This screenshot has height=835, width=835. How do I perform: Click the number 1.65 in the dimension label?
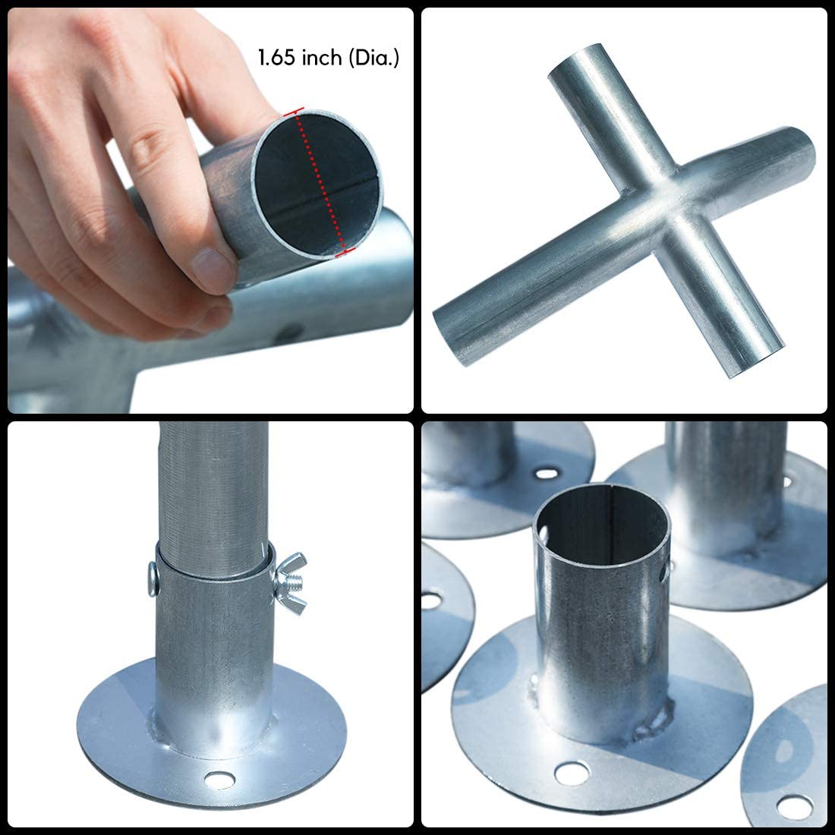tap(277, 58)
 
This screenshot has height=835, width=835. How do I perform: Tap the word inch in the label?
tap(322, 58)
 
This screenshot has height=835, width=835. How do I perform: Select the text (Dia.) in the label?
tap(373, 58)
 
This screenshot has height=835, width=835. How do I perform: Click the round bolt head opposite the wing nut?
tap(153, 579)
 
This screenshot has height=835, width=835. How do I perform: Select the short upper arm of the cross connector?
tap(607, 115)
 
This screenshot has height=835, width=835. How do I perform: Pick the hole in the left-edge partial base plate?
tap(431, 600)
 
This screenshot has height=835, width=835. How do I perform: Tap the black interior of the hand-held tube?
tap(319, 184)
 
